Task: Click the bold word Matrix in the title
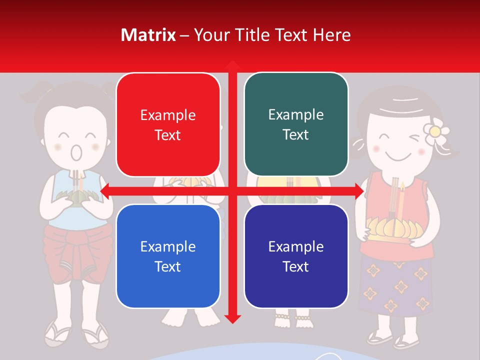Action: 148,35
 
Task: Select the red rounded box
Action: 168,124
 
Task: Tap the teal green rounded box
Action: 296,124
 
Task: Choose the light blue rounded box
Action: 168,256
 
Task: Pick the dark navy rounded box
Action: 296,256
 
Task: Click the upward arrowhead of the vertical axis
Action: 232,65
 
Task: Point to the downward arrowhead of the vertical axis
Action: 232,318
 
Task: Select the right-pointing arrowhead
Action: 358,190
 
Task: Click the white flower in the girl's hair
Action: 433,131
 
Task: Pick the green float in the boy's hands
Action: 75,198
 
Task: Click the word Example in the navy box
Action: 296,246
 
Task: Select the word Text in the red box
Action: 168,135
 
